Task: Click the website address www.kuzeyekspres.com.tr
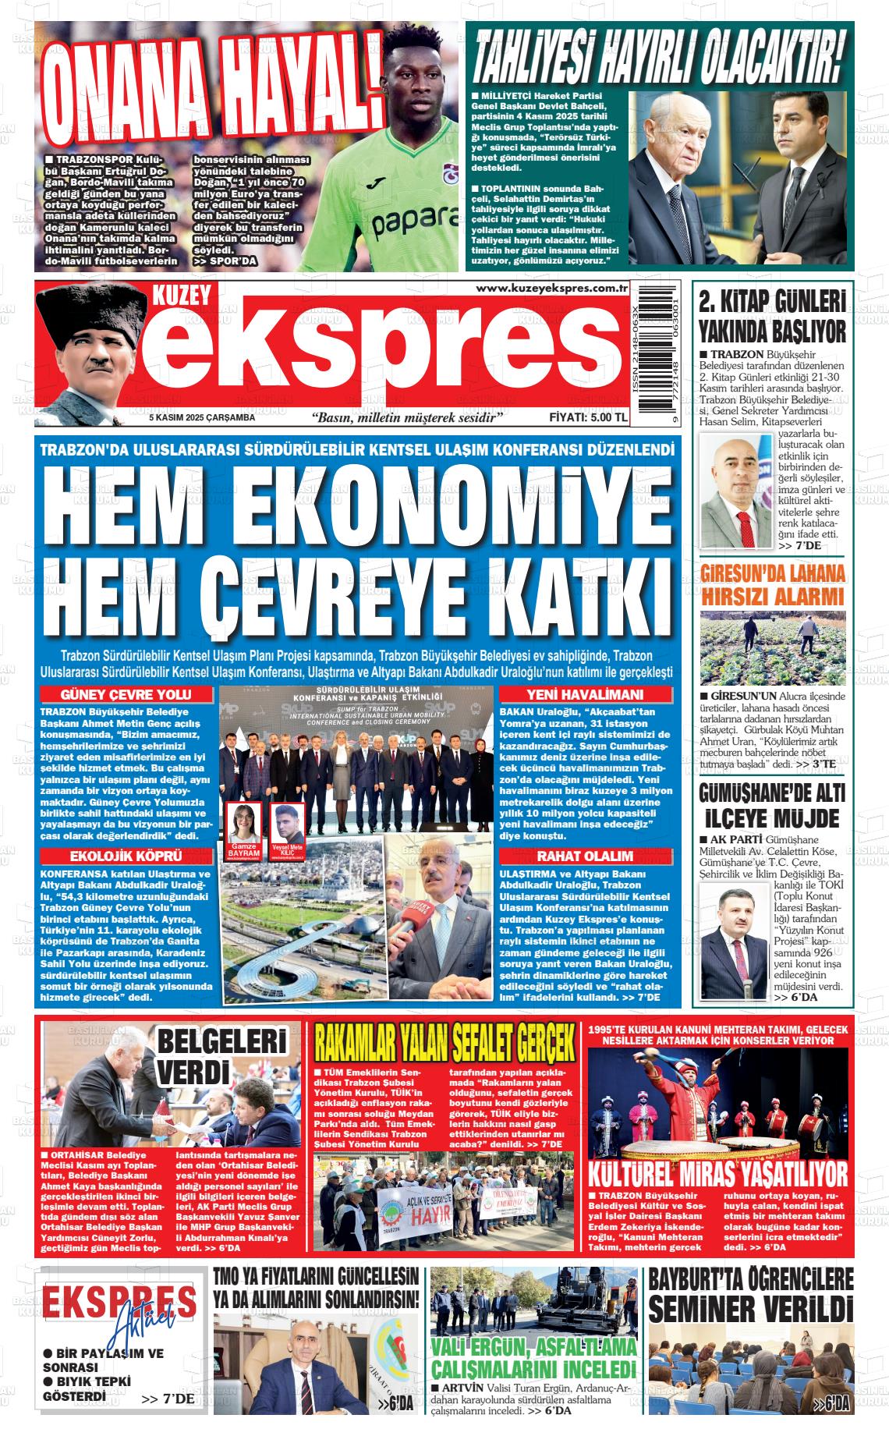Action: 551,289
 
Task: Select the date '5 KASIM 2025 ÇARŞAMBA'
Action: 202,418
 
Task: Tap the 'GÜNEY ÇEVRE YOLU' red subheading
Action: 126,695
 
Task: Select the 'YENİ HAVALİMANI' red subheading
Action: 585,695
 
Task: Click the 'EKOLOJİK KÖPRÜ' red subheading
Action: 126,856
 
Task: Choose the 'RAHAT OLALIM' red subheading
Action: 585,856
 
